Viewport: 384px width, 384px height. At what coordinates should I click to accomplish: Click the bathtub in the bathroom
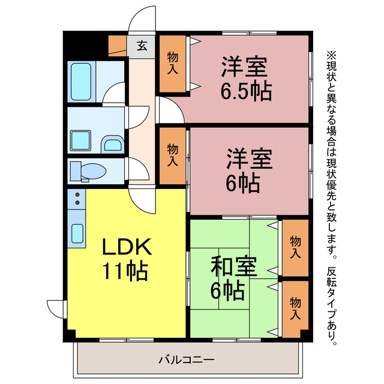point(81,82)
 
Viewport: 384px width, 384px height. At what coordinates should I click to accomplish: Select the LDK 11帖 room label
point(126,259)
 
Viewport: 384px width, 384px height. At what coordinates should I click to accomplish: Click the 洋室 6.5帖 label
point(245,79)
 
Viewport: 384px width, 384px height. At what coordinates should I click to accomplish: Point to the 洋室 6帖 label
point(248,170)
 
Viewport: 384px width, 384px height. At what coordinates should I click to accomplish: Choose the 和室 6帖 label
point(233,278)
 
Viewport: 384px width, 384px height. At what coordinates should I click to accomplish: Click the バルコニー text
point(187,360)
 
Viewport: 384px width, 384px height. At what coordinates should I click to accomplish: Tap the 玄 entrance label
point(142,46)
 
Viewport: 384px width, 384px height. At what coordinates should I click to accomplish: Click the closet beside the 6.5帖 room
point(173,64)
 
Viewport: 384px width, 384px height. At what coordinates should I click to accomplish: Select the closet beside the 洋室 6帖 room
point(173,156)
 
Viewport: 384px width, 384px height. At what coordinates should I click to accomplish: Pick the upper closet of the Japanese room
point(295,248)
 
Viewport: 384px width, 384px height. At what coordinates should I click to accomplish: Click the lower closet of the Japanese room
point(295,309)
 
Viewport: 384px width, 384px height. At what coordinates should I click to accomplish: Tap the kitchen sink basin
point(77,233)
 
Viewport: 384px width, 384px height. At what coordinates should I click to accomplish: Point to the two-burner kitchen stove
point(77,199)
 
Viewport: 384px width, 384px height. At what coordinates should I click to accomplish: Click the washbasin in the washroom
point(112,145)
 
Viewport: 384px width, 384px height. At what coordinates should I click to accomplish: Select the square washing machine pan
point(80,140)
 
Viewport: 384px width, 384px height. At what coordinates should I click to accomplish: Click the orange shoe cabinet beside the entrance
point(118,46)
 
